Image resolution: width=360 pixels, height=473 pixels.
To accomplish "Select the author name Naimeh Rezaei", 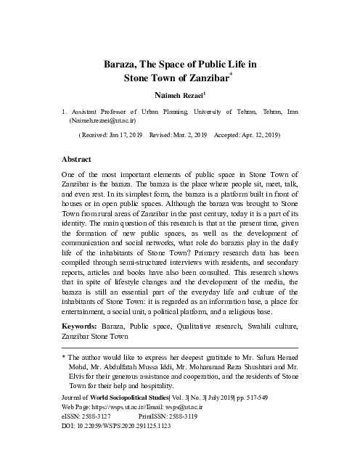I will point(179,95).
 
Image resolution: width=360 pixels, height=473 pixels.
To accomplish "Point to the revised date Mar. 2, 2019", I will point(190,136).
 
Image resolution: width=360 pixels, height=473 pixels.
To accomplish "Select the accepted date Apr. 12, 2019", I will point(256,136).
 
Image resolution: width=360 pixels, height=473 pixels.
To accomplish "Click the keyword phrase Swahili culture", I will point(268,326).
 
